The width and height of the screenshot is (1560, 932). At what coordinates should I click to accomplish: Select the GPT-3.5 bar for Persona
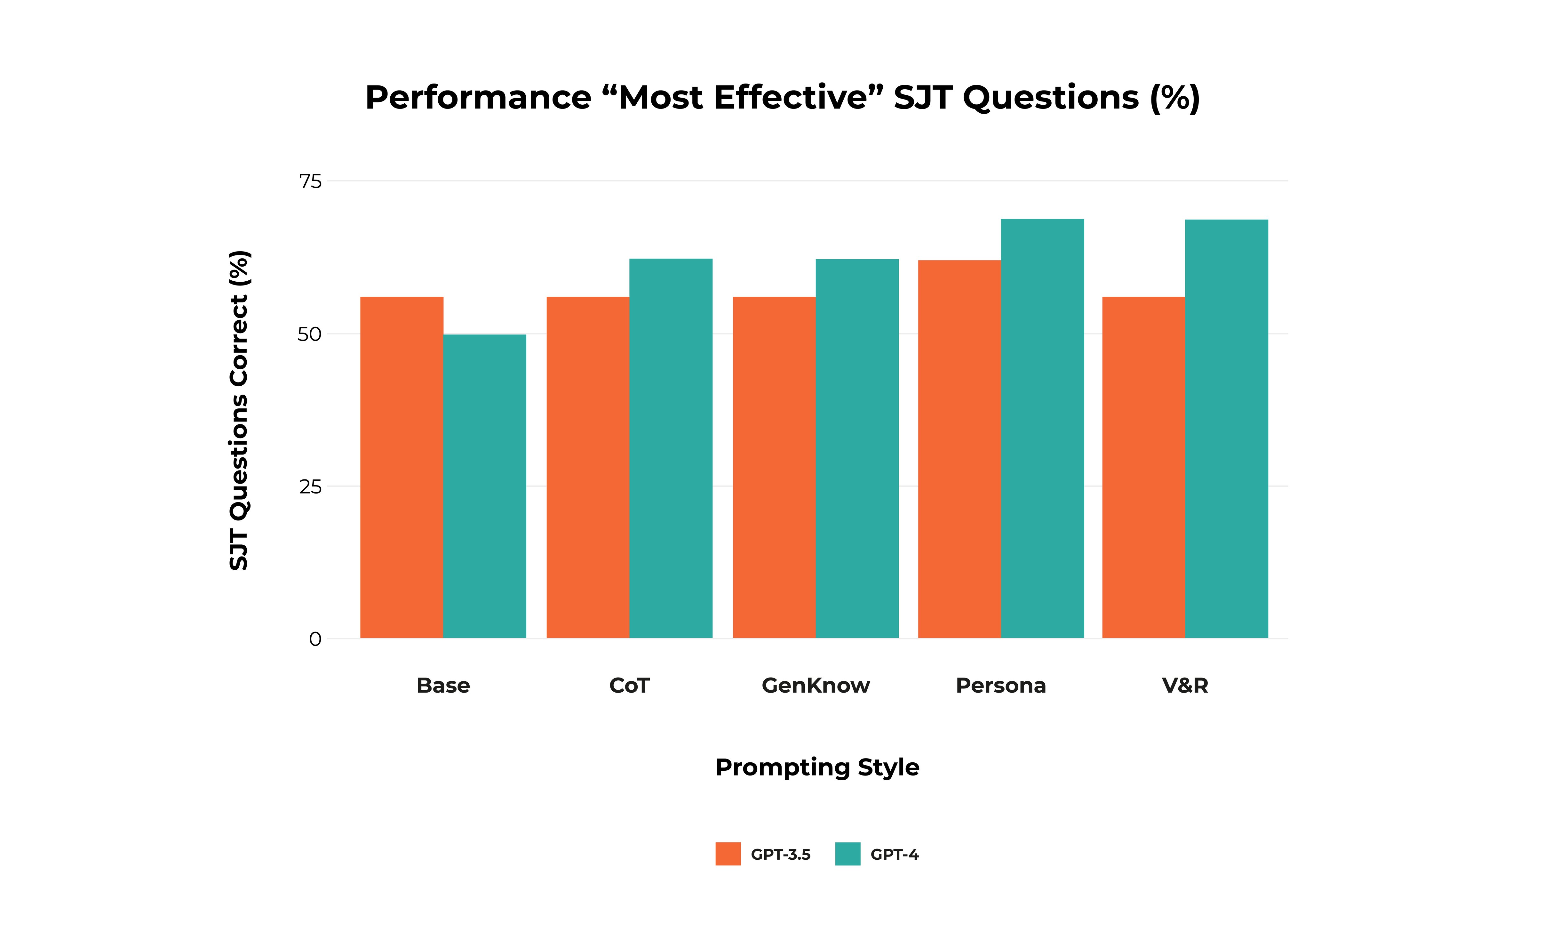(959, 449)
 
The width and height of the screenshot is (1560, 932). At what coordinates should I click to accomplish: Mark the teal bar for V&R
(1226, 429)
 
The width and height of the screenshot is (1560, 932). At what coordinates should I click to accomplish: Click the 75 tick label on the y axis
(310, 181)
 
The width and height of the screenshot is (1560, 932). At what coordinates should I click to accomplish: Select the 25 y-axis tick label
(310, 487)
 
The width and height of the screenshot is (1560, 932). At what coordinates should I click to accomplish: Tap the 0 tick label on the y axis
(315, 639)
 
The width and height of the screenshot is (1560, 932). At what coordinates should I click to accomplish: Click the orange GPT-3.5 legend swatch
(728, 854)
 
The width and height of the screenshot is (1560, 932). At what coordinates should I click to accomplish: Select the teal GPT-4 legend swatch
(848, 854)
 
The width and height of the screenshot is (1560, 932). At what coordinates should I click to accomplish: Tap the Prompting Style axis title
(817, 767)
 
